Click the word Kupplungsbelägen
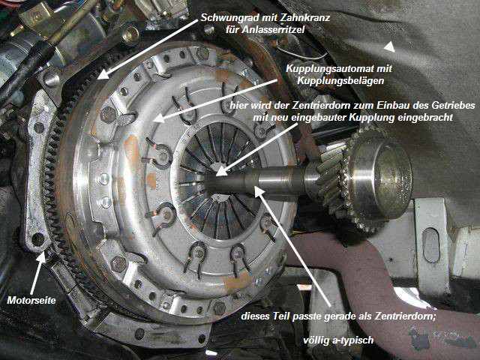(340, 80)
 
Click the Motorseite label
(31, 300)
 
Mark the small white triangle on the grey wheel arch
(389, 46)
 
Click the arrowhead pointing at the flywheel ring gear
(103, 73)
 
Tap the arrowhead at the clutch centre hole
(222, 171)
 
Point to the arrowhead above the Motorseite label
(42, 256)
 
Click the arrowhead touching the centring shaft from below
(259, 192)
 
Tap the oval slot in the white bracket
(431, 245)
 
